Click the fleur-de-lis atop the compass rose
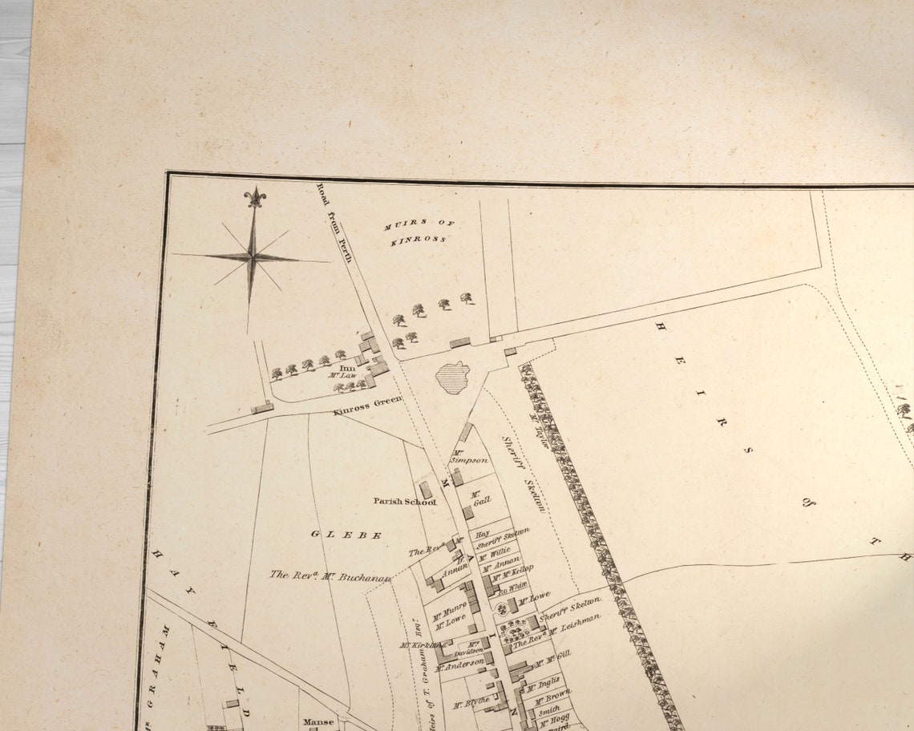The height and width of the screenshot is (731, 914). point(255,197)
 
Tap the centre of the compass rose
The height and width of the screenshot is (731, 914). point(252,256)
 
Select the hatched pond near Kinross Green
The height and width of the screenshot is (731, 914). point(453,378)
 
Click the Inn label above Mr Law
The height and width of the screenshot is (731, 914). point(346,368)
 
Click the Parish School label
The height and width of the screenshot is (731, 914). point(404,502)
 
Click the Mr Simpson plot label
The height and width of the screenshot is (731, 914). point(468,457)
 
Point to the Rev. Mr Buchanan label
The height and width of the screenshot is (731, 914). point(330,576)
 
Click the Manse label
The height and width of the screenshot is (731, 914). point(317,722)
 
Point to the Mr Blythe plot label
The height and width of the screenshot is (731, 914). point(471,703)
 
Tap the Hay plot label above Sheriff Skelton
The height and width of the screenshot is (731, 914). point(482,534)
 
